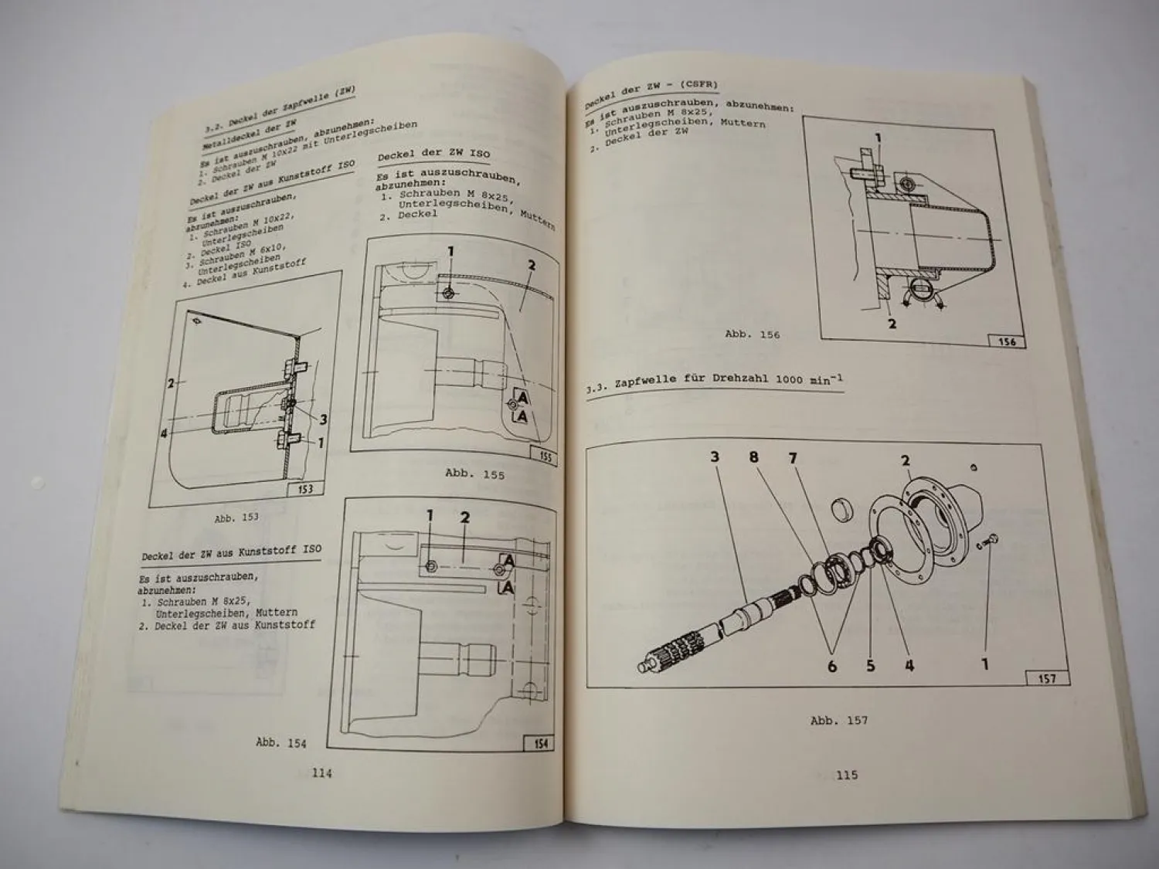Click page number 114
(x=321, y=772)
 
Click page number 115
(x=846, y=775)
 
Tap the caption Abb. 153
(x=236, y=518)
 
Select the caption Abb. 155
(x=474, y=474)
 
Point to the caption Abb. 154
(x=280, y=742)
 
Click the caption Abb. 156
(x=752, y=334)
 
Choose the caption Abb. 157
(x=838, y=720)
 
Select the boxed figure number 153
(x=305, y=489)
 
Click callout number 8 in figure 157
(x=753, y=457)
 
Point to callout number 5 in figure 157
(x=871, y=665)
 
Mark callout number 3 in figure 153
(x=323, y=419)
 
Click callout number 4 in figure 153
(x=164, y=433)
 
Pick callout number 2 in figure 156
(x=892, y=324)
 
